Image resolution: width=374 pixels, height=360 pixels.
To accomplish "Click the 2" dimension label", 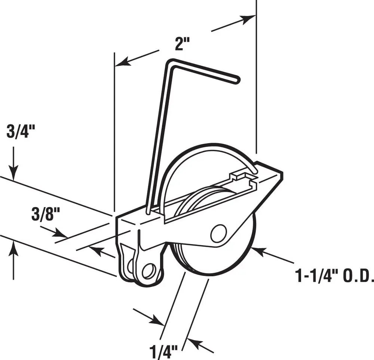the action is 183,44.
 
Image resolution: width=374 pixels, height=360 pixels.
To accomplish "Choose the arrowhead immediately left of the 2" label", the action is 121,62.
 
